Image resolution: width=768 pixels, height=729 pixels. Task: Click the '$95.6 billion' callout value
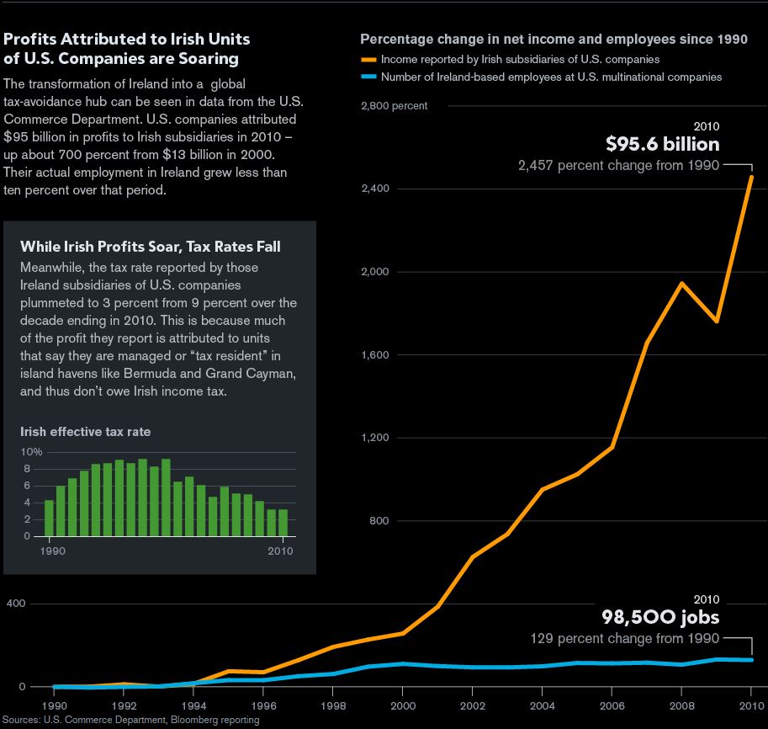[663, 144]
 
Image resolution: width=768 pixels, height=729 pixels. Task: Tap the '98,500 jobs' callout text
[659, 618]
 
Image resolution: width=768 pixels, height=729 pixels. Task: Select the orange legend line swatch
[368, 60]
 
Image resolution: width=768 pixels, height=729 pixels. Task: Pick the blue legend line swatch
[368, 77]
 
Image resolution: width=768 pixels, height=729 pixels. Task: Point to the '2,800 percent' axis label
[394, 106]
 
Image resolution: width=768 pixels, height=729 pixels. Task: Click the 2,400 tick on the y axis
[375, 189]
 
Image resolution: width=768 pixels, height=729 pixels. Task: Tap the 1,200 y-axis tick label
[375, 438]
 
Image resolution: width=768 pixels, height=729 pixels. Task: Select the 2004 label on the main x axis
[543, 705]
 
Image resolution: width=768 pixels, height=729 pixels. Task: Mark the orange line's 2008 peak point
[682, 283]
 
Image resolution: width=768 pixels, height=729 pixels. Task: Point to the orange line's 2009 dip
[717, 321]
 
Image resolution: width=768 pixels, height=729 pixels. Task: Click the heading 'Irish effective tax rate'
[85, 432]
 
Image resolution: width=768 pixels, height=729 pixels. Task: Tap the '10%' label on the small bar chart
[31, 452]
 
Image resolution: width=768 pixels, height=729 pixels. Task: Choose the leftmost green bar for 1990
[49, 518]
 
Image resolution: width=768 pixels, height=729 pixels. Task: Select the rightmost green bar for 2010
[283, 522]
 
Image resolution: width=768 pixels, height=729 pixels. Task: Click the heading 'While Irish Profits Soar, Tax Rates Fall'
[150, 247]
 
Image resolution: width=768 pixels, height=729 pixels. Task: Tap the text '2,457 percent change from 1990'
[618, 166]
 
